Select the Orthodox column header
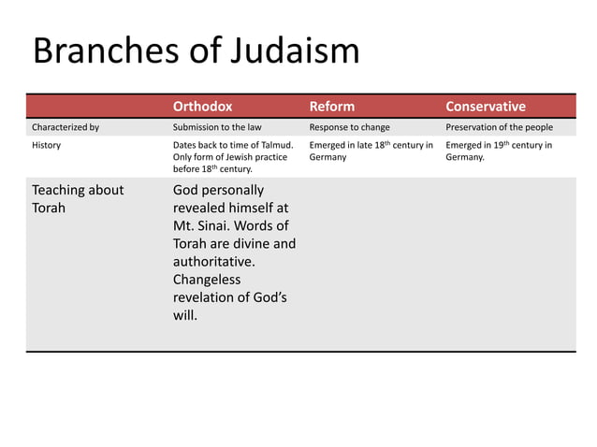click(x=202, y=106)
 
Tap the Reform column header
click(x=332, y=106)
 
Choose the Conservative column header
click(x=486, y=106)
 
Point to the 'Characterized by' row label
click(x=66, y=127)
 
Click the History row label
click(x=47, y=145)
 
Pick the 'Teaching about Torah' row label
click(x=78, y=199)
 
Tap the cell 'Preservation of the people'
click(x=499, y=127)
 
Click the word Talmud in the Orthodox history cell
click(x=273, y=145)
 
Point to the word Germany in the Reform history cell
click(x=328, y=157)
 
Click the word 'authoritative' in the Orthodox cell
click(x=213, y=262)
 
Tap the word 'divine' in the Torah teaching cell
click(x=253, y=244)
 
